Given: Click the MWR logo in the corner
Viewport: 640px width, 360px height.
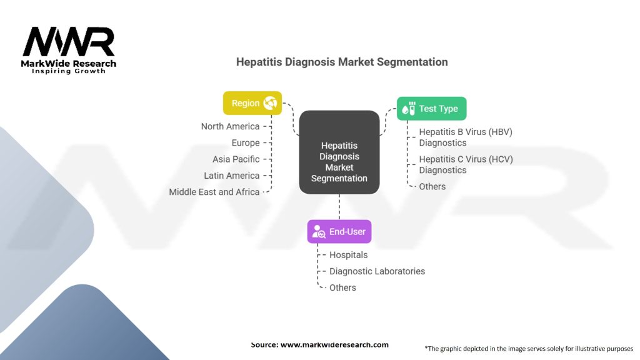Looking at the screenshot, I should pos(69,47).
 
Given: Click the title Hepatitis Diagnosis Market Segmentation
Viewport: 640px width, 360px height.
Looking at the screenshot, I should pos(341,62).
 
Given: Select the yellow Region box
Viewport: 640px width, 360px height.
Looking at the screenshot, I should pos(252,103).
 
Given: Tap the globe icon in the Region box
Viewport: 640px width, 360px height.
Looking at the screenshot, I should pos(271,103).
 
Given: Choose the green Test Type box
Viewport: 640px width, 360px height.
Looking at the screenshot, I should pos(431,109).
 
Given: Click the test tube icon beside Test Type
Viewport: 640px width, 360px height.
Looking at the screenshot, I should pos(409,109).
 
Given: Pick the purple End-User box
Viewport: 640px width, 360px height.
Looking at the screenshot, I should pos(339,232).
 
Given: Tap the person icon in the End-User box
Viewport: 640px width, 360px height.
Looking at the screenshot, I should pos(319,232).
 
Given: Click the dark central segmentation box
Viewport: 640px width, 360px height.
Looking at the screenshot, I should pos(339,152).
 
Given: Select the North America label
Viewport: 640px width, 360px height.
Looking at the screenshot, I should pos(230,127).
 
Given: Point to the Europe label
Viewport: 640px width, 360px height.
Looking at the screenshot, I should pos(245,143).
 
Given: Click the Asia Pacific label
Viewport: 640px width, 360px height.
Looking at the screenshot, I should pos(236,159).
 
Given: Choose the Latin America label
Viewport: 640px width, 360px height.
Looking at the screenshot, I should pos(231,176).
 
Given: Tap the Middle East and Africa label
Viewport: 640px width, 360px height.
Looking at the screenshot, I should pos(214,192).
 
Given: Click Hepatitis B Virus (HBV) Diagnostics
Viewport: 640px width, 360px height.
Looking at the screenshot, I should pos(465,137).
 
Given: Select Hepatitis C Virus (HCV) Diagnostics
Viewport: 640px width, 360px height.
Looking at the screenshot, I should pos(465,164).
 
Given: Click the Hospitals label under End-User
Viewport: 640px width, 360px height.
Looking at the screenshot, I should pos(348,255).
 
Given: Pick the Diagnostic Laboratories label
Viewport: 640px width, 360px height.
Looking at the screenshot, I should pos(377,271).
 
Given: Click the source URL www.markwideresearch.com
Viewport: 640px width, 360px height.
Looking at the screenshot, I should pos(334,344).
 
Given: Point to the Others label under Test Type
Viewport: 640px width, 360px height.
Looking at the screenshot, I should pos(432,186).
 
